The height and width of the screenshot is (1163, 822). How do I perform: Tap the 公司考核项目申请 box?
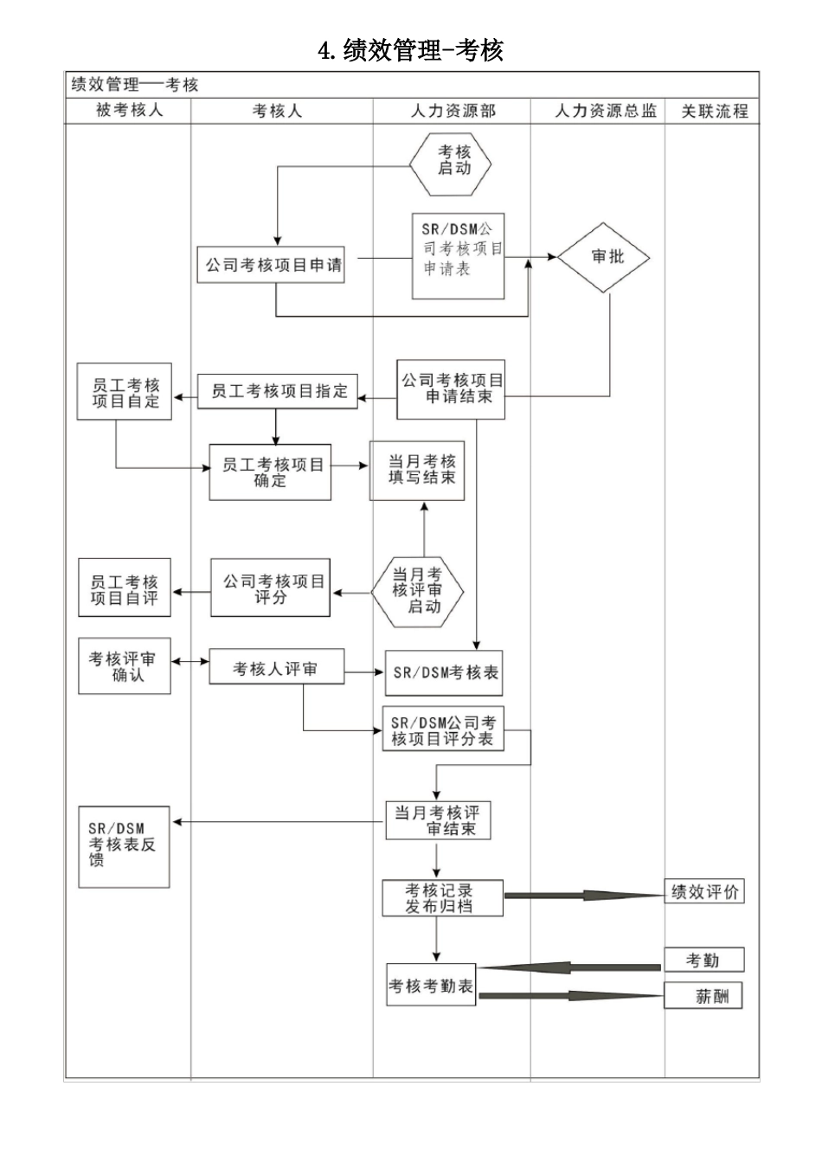pyautogui.click(x=273, y=265)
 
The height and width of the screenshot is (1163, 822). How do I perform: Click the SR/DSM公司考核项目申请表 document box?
pyautogui.click(x=459, y=256)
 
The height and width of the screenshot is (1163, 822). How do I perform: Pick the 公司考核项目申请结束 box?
pyautogui.click(x=451, y=389)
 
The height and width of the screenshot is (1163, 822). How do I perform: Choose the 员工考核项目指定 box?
pyautogui.click(x=277, y=392)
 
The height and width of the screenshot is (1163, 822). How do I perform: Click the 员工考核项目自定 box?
pyautogui.click(x=125, y=393)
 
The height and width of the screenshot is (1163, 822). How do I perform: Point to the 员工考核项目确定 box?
pyautogui.click(x=271, y=472)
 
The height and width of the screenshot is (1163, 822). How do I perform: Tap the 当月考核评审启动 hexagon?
pyautogui.click(x=418, y=591)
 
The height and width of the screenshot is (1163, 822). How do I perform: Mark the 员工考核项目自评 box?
pyautogui.click(x=125, y=589)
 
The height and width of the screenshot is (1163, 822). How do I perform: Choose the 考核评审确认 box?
pyautogui.click(x=125, y=666)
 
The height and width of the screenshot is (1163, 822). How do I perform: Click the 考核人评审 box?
pyautogui.click(x=276, y=668)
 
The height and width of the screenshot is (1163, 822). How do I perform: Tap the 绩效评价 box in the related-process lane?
pyautogui.click(x=704, y=892)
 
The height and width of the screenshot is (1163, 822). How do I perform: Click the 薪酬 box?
pyautogui.click(x=704, y=997)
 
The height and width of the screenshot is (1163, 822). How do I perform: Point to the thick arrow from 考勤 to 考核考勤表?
pyautogui.click(x=571, y=967)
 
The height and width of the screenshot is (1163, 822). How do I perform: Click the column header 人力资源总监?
pyautogui.click(x=605, y=112)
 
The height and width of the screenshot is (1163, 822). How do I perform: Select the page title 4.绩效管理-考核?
pyautogui.click(x=411, y=50)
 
